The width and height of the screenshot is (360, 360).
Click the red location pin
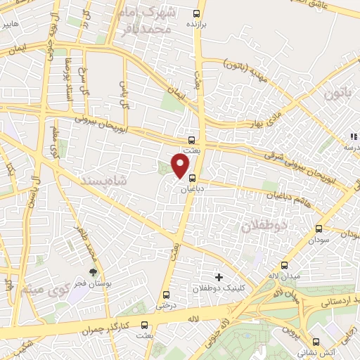[x=181, y=165]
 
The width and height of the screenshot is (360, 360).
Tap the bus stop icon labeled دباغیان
[x=192, y=179]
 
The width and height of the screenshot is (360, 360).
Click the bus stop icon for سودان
[x=319, y=229]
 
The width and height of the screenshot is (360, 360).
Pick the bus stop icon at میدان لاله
[x=285, y=265]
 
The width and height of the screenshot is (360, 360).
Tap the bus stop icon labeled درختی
[x=166, y=295]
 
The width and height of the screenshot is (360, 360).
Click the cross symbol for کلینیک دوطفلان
[x=219, y=278]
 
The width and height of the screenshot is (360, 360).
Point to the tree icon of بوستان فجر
[x=92, y=272]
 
